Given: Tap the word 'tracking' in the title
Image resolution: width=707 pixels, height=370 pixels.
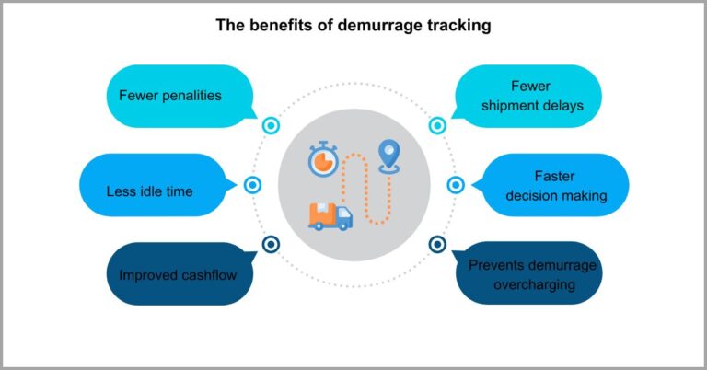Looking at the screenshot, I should (458, 26).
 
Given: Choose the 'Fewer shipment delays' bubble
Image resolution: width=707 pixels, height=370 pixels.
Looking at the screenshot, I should (533, 96).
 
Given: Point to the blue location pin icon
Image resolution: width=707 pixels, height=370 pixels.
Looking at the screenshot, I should (390, 155).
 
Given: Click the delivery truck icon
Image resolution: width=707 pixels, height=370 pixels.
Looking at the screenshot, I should (330, 215).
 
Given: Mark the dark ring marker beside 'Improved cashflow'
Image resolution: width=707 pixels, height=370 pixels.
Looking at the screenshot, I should (271, 244).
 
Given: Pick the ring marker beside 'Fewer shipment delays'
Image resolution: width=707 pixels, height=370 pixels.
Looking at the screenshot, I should (438, 125).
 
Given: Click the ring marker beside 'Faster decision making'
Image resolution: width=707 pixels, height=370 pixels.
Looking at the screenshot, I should (456, 185).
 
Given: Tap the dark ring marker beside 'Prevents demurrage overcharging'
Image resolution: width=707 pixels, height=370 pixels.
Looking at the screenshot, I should (438, 244).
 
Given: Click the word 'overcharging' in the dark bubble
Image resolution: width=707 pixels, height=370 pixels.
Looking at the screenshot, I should (533, 284).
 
